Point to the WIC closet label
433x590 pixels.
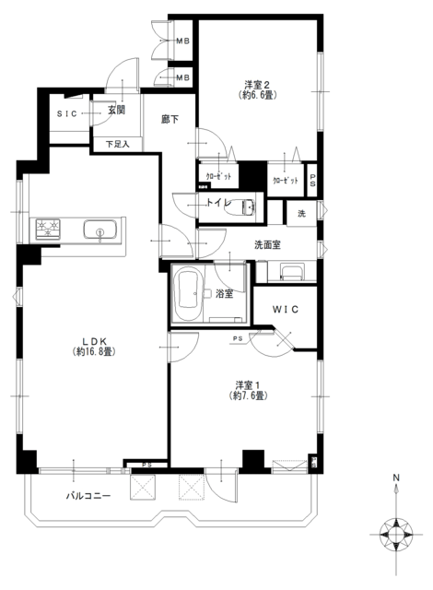tap(286, 310)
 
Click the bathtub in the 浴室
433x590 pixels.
tap(190, 294)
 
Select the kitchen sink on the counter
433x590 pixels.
tap(100, 230)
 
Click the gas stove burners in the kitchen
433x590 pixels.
tap(48, 229)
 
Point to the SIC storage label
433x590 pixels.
tap(67, 113)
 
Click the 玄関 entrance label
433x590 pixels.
tap(116, 111)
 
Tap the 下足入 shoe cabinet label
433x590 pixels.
tap(117, 144)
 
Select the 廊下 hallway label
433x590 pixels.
tap(170, 120)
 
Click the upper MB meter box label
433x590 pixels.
tap(183, 41)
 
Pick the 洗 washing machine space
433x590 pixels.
tap(301, 214)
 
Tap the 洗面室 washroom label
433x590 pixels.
tap(267, 245)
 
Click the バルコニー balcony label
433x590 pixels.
tap(88, 496)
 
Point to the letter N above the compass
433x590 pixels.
tap(396, 478)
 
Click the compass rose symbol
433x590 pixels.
tap(396, 535)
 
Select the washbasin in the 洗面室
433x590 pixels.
tap(292, 272)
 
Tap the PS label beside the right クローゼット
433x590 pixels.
tap(312, 180)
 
